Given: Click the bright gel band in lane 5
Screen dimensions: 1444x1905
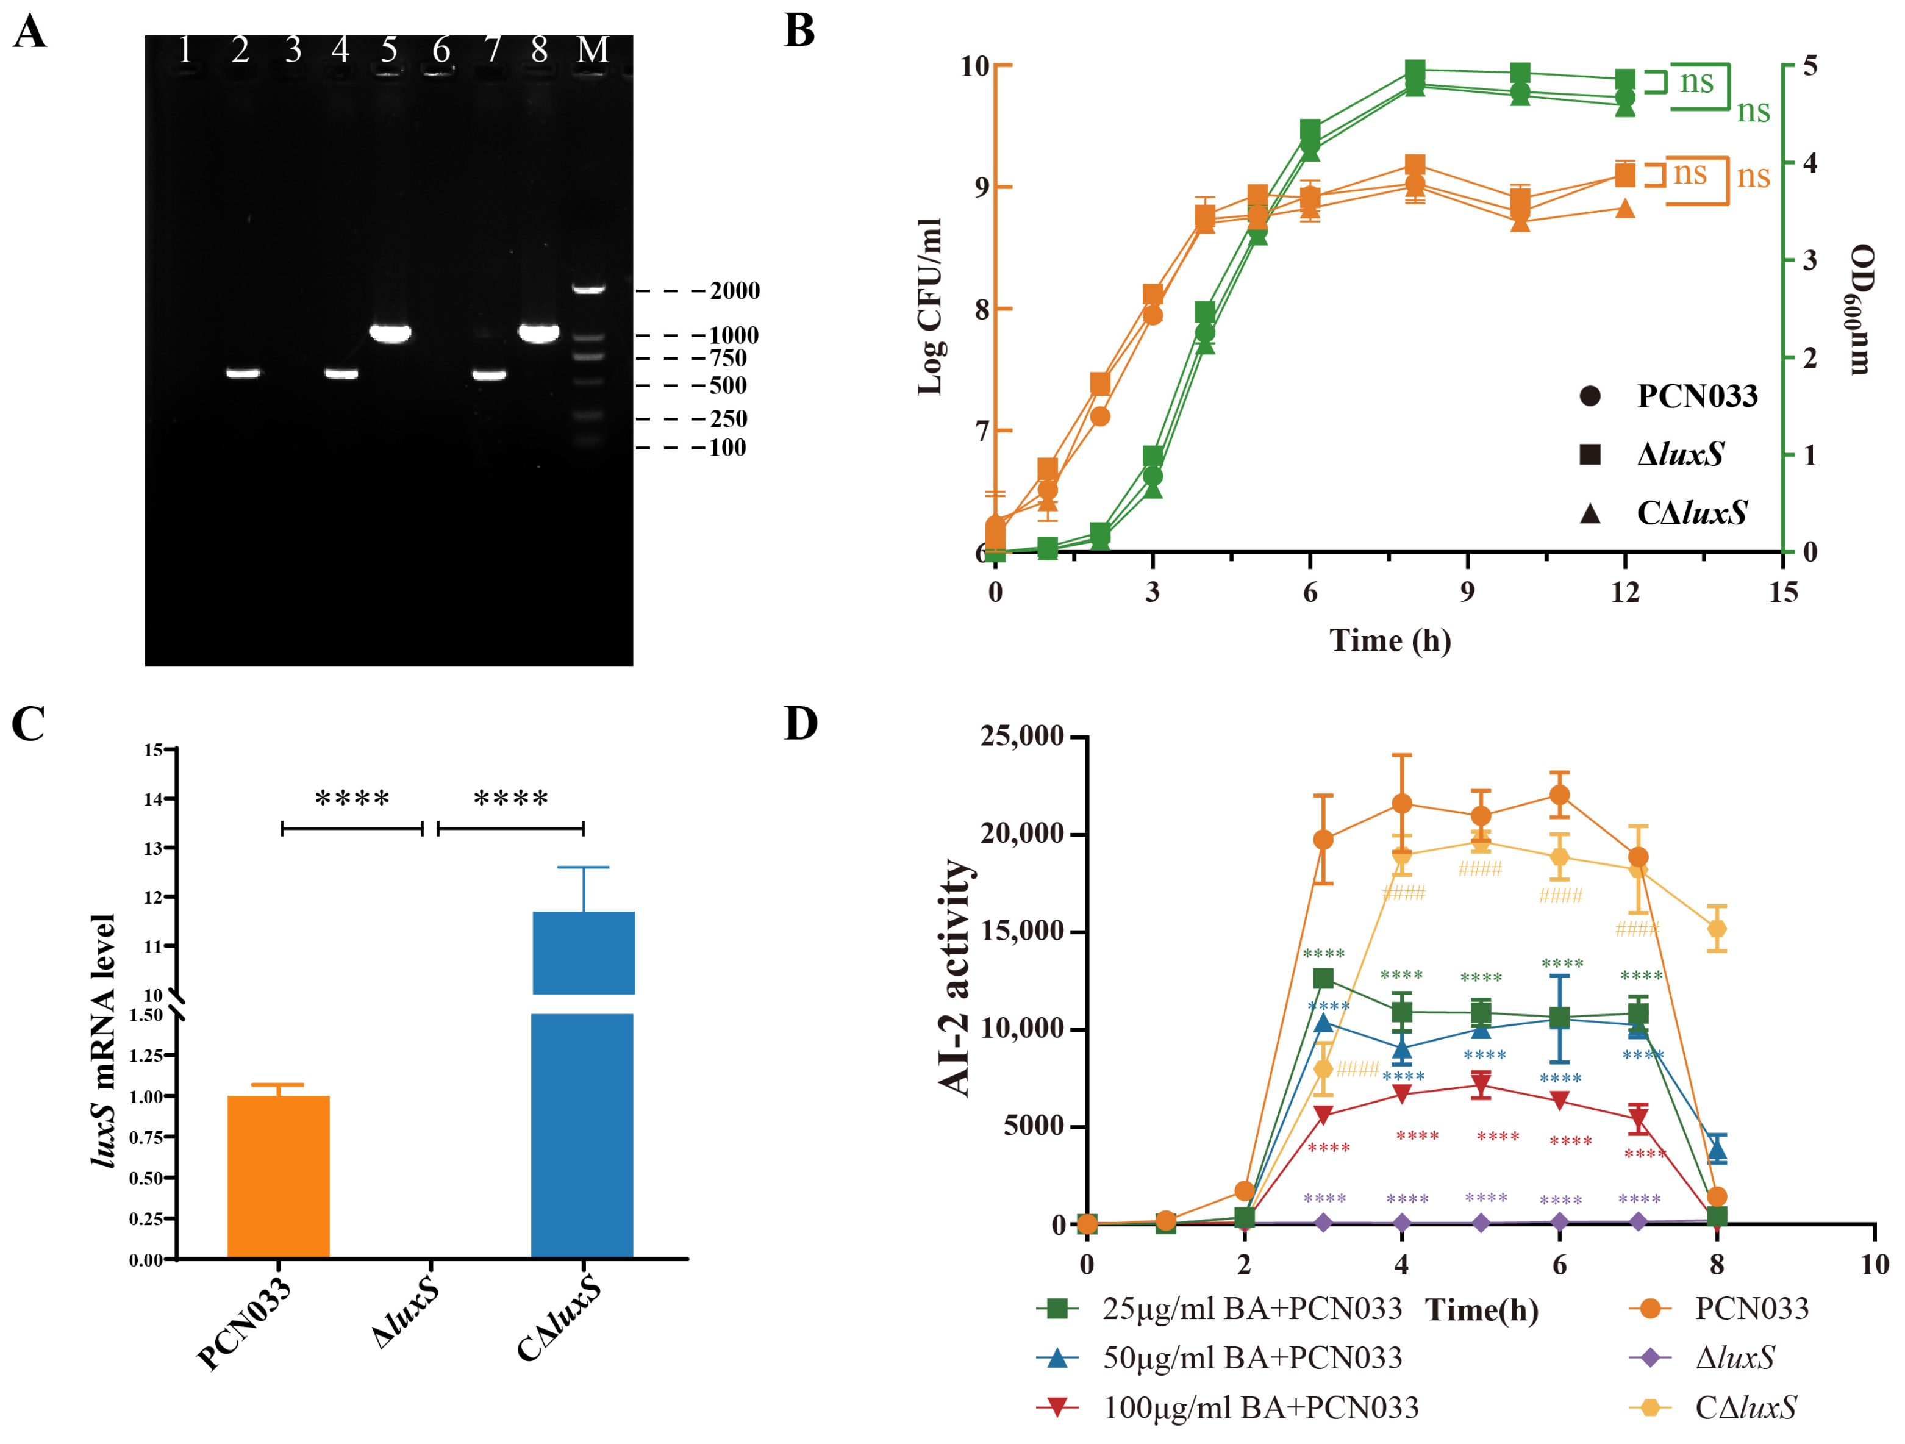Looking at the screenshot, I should click(x=390, y=332).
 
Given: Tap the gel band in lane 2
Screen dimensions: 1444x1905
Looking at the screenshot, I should click(x=243, y=373).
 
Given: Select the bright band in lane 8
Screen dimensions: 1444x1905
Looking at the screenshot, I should click(x=539, y=332).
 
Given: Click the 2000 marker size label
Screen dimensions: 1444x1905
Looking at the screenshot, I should click(x=735, y=291).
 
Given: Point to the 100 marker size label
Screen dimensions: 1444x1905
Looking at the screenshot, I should click(x=727, y=448).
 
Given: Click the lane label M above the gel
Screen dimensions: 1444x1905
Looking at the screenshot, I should click(x=593, y=50).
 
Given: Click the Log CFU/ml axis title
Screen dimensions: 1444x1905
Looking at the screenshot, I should click(x=930, y=306).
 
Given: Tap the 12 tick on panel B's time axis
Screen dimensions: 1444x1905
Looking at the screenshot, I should click(x=1625, y=592).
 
